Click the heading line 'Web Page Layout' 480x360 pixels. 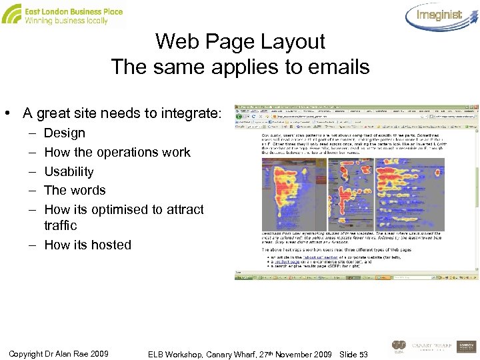click(x=240, y=41)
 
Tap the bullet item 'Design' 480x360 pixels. click(x=65, y=133)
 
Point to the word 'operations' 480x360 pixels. click(x=127, y=152)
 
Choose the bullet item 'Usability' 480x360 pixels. click(x=69, y=171)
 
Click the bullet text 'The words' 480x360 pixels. click(x=75, y=190)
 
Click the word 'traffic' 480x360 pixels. click(x=61, y=225)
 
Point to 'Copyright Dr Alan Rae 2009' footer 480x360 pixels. click(x=59, y=353)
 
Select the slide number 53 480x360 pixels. click(x=363, y=353)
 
